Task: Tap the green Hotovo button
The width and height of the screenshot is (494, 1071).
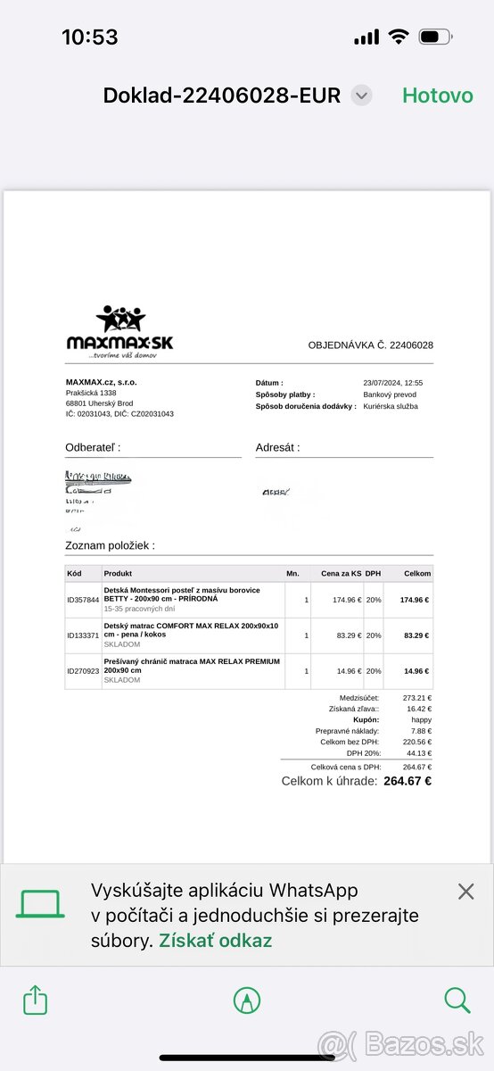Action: point(437,95)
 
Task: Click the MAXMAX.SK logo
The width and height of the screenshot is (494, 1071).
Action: point(119,332)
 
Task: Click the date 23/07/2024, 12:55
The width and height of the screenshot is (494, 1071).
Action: point(392,383)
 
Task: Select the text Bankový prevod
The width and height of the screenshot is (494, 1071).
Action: point(390,394)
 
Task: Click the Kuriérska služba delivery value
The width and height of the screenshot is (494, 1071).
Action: point(391,406)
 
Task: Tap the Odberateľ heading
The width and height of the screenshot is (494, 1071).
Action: point(93,447)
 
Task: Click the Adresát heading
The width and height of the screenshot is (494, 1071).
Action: point(277,447)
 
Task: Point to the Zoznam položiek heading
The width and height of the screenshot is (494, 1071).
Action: point(110,544)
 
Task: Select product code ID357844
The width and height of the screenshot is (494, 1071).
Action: point(83,600)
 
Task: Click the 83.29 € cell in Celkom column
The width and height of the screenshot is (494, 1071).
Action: point(416,635)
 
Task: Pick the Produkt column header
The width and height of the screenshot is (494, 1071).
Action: point(118,573)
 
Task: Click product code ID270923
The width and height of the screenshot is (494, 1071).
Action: point(83,671)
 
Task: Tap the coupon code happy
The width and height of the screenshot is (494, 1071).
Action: point(421,719)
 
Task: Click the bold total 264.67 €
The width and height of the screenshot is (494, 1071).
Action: point(408,781)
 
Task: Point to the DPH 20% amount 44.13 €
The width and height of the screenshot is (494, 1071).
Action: point(416,753)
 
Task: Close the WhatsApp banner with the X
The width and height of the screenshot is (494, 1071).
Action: point(465,891)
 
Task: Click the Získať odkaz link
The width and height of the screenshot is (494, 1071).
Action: point(216,940)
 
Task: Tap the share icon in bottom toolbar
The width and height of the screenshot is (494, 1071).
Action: point(36,1000)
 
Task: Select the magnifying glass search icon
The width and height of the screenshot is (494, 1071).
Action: point(457,1000)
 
